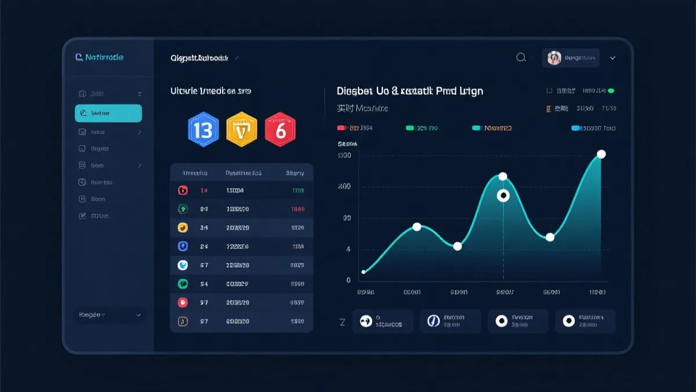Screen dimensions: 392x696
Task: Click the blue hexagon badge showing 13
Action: coord(203,130)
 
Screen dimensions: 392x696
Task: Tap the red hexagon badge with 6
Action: coord(280,130)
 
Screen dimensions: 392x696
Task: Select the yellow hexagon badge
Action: coord(241,130)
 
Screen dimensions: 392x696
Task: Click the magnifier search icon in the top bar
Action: coord(521,57)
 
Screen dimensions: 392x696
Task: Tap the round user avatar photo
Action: coord(554,57)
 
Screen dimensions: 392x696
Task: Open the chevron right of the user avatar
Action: coord(612,58)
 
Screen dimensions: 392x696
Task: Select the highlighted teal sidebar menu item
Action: coord(108,113)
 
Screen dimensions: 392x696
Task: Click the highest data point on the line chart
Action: coord(601,154)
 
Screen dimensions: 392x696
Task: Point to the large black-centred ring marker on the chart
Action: coord(503,196)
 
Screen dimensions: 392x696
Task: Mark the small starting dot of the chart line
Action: coord(364,272)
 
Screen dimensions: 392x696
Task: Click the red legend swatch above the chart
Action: coord(342,128)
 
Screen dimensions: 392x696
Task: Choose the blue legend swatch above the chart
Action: coord(576,128)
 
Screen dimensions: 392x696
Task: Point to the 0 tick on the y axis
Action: coord(348,280)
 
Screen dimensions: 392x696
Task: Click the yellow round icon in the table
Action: coord(182,228)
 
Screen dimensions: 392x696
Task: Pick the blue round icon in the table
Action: coord(182,246)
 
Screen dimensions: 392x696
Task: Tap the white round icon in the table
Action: coord(182,265)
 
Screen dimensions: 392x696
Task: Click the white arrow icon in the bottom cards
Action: coord(366,321)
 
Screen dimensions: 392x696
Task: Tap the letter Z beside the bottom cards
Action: coord(342,322)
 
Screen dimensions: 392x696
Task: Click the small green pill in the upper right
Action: coord(611,91)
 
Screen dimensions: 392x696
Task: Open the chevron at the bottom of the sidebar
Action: coord(138,315)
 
